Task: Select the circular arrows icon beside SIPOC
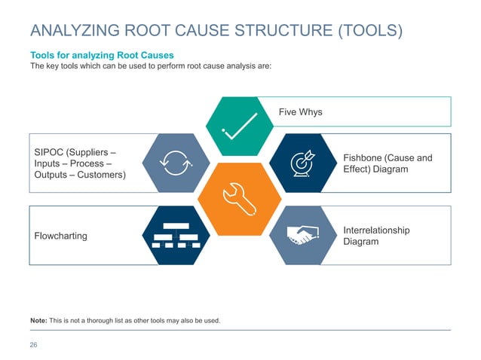178,162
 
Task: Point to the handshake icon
303,235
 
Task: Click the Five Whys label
300,112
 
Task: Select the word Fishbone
364,157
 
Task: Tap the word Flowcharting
61,236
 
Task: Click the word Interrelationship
376,230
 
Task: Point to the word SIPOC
51,151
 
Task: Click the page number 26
34,345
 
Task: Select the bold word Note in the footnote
38,320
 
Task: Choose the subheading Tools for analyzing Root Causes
101,56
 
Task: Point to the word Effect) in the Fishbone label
359,169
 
